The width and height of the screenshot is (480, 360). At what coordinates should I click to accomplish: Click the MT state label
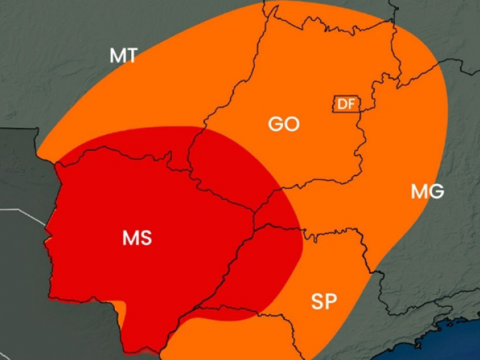click(124, 56)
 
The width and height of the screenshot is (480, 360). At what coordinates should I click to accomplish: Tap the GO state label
click(284, 123)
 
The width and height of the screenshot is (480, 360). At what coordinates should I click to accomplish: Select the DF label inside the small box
click(346, 104)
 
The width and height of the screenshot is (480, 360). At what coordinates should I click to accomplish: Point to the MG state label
click(428, 191)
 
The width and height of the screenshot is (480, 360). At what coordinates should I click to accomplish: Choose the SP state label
click(324, 301)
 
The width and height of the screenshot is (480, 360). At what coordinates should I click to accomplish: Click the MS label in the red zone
click(137, 238)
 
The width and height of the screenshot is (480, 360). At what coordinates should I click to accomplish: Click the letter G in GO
click(276, 123)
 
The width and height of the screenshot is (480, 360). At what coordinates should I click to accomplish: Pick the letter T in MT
click(131, 56)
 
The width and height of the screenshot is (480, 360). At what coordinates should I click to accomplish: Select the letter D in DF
click(342, 104)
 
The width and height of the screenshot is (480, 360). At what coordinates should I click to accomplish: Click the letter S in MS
click(145, 238)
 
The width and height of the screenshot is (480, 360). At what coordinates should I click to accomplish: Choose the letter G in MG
click(436, 191)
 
